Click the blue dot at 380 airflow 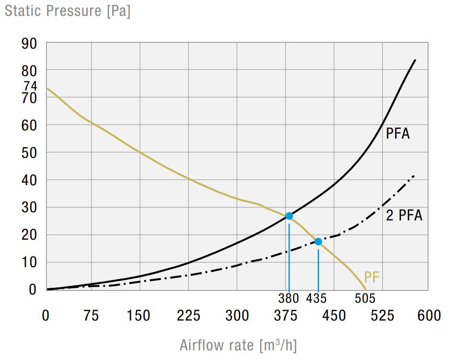point(289,216)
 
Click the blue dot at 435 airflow point(318,242)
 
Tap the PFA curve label point(398,133)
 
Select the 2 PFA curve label point(404,216)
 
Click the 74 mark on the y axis point(30,86)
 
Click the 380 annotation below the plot point(289,298)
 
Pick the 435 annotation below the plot point(316,298)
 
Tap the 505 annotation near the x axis point(364,298)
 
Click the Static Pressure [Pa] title point(67,11)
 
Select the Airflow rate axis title point(238,345)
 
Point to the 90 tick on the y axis point(29,43)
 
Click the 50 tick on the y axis point(29,153)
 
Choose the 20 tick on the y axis point(29,235)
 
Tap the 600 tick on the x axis point(428,316)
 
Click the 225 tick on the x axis point(188,316)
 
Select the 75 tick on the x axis point(91,316)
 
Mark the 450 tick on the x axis point(334,316)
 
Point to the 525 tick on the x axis point(383,316)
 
